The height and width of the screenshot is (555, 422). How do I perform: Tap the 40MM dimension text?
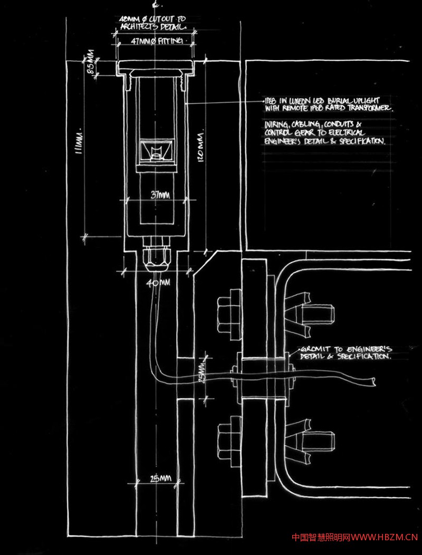pos(158,283)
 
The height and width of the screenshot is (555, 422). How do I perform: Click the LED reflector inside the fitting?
pos(156,151)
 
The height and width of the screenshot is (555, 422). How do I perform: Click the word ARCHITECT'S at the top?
pos(139,26)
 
